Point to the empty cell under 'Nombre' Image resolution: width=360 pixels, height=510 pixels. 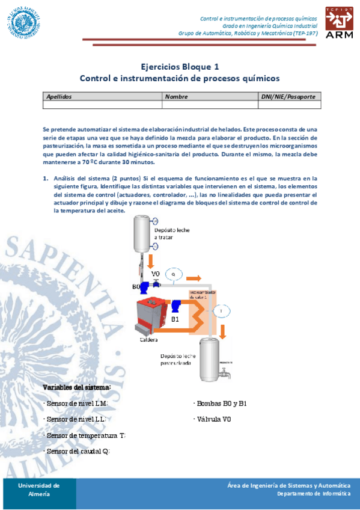210,105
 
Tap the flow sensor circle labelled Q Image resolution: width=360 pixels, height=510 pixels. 173,274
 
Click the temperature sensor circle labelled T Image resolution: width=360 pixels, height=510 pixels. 221,310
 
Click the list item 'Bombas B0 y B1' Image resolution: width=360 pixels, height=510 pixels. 221,403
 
